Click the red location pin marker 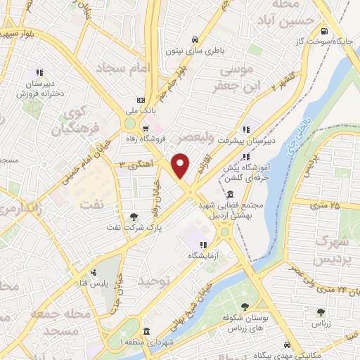[x=181, y=165]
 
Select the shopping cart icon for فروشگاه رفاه [x=146, y=129]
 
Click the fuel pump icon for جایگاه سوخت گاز [x=323, y=31]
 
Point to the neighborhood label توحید [x=155, y=281]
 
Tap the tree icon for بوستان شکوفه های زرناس [x=245, y=307]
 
